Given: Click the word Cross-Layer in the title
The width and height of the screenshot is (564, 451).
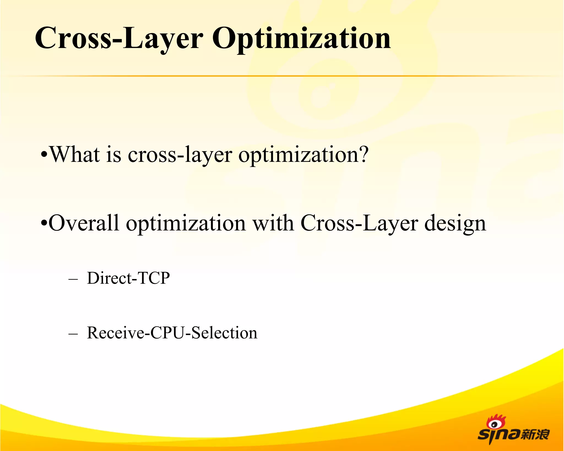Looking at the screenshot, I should point(119,39).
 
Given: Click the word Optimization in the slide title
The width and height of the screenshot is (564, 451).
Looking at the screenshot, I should point(301,39).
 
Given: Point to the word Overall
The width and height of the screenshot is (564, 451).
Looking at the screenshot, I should point(84,223).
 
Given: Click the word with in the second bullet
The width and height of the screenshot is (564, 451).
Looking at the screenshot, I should point(273,223).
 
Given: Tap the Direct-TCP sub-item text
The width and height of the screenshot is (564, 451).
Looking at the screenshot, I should point(128,278).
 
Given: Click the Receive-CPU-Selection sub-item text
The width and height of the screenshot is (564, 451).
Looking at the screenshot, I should point(172,333).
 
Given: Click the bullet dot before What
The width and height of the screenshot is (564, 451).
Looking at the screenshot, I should point(44,155).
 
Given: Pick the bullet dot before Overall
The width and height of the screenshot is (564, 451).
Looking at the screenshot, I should point(44,223).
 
